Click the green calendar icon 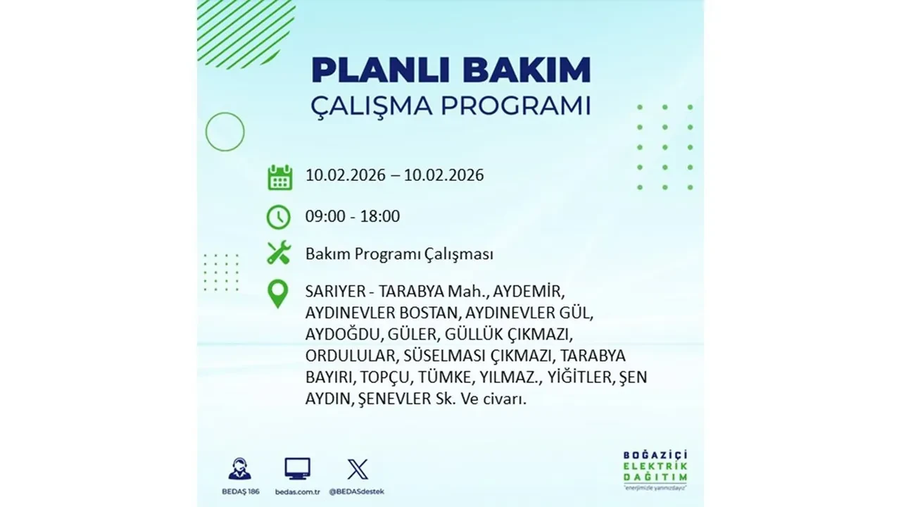[x=279, y=177]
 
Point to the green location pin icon [x=279, y=294]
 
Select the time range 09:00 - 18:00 [x=353, y=216]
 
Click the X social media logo [x=358, y=468]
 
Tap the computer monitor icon [x=297, y=468]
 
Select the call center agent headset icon [x=239, y=468]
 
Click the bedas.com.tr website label [x=297, y=491]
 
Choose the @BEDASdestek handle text [x=358, y=491]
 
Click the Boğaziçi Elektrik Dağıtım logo [x=655, y=468]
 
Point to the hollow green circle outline [x=225, y=132]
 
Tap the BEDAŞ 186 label [x=239, y=491]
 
